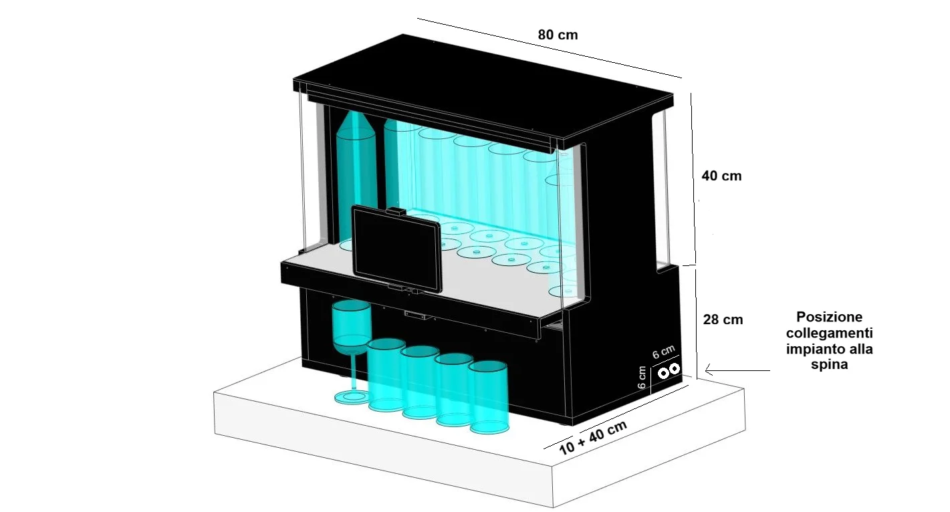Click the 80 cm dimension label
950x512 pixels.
[x=558, y=35]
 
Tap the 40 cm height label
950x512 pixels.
[x=721, y=176]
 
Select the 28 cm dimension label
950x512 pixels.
[x=723, y=319]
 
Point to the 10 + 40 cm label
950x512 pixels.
[x=593, y=437]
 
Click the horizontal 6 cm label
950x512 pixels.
[x=663, y=352]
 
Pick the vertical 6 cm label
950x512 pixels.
[x=642, y=377]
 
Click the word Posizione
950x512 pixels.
[x=829, y=317]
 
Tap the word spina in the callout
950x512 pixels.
[x=829, y=364]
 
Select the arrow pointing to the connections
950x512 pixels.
[x=737, y=370]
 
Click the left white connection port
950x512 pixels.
[x=663, y=373]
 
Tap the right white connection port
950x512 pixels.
[x=674, y=368]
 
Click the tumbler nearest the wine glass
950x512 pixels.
[x=386, y=374]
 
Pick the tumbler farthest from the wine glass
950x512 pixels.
[x=489, y=397]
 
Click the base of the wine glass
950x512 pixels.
[x=352, y=398]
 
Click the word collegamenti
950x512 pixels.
[x=829, y=333]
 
